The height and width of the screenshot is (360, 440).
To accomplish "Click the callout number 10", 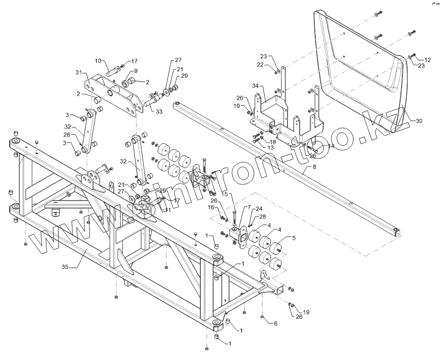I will pos(98,61).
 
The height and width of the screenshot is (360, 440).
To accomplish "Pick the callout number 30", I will pos(419,122).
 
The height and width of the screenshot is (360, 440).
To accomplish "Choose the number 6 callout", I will pos(275,323).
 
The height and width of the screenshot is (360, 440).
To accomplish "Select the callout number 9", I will pos(123,71).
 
